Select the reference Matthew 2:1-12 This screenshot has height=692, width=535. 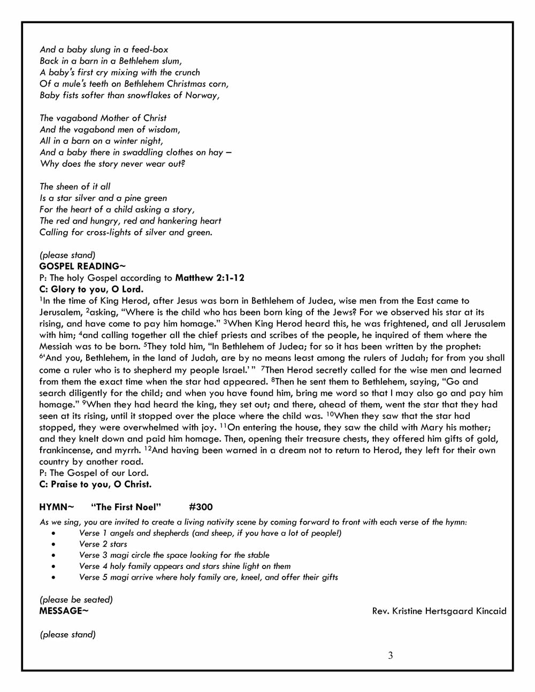[x=210, y=278]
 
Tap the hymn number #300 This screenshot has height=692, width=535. [x=201, y=507]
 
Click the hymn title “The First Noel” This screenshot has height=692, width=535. [x=126, y=507]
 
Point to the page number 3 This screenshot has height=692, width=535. [x=391, y=656]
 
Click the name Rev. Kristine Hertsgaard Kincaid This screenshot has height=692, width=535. [x=439, y=611]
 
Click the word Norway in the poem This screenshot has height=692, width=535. [x=202, y=95]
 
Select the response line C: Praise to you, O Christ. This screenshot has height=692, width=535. [x=95, y=485]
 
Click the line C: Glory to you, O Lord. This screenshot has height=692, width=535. [x=91, y=289]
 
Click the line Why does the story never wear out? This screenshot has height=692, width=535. [x=112, y=164]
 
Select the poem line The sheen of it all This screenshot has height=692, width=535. [x=75, y=187]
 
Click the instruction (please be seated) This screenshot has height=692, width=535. [x=76, y=599]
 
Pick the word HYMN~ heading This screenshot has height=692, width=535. [x=56, y=507]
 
